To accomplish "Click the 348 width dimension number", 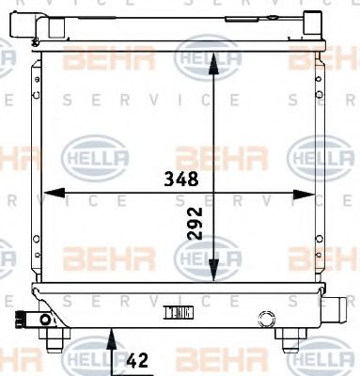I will tap(178, 175).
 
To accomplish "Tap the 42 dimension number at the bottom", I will tap(136, 358).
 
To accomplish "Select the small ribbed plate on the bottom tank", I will tap(178, 313).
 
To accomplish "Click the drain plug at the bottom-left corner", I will tap(44, 320).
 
